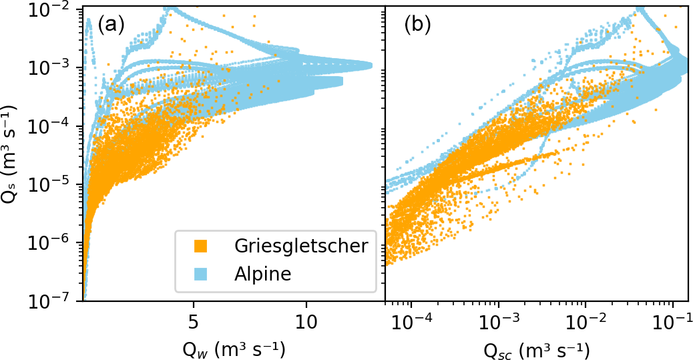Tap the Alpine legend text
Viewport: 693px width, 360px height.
(x=263, y=275)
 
